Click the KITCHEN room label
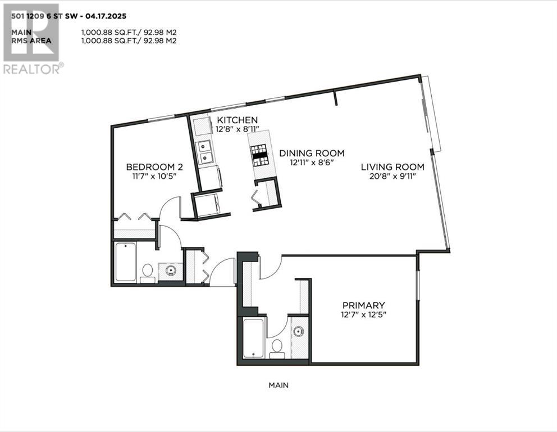pyautogui.click(x=238, y=120)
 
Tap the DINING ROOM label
pyautogui.click(x=312, y=154)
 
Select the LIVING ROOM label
pyautogui.click(x=392, y=167)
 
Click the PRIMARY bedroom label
pyautogui.click(x=363, y=305)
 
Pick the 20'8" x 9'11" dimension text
pyautogui.click(x=392, y=176)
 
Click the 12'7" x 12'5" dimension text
pyautogui.click(x=363, y=314)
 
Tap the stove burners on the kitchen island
pyautogui.click(x=260, y=155)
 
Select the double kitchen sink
pyautogui.click(x=205, y=152)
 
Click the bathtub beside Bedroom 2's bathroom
pyautogui.click(x=125, y=262)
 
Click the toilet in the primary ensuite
pyautogui.click(x=277, y=349)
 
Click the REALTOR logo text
pyautogui.click(x=33, y=69)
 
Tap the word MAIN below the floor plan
pyautogui.click(x=278, y=385)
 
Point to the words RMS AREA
pyautogui.click(x=31, y=40)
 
